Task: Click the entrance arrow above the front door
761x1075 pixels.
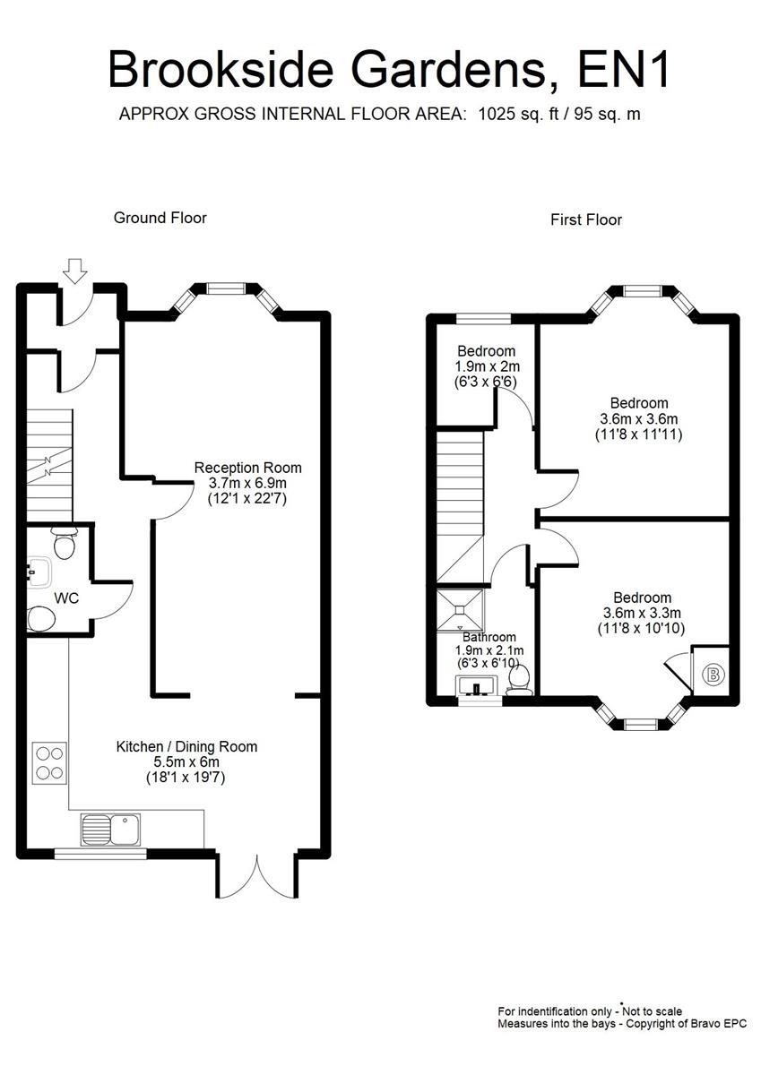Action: (75, 271)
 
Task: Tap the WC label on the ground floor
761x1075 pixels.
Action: (66, 598)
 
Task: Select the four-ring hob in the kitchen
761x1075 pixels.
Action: (49, 763)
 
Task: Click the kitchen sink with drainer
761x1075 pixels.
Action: (110, 830)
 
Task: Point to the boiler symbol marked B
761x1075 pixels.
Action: (713, 675)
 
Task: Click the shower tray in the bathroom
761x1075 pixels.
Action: (460, 609)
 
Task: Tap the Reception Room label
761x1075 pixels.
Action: (247, 468)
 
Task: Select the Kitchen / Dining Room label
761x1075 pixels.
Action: (186, 747)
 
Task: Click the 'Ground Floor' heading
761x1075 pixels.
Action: (160, 218)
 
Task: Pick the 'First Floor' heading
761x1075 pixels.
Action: (585, 219)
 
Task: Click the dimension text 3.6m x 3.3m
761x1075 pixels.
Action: (642, 613)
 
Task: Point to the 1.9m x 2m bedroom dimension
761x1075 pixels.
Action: (488, 366)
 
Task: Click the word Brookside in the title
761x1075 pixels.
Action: (221, 70)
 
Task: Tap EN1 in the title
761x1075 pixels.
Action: (623, 70)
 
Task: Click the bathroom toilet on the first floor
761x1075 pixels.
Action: (518, 681)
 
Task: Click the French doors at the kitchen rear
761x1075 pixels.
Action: (257, 876)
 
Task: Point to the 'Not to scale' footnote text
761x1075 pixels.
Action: (652, 1011)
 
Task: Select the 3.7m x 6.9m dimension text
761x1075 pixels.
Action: (247, 483)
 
